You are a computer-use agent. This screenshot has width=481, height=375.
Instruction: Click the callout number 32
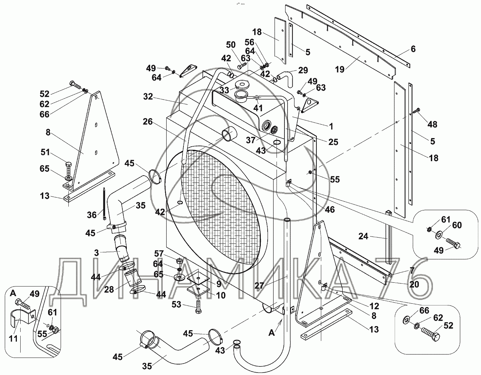[x=148, y=96]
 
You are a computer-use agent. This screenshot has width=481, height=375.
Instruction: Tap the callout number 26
[x=148, y=122]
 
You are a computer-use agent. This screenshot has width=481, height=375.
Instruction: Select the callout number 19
[x=340, y=70]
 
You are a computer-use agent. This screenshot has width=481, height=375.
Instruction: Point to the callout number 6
[x=413, y=49]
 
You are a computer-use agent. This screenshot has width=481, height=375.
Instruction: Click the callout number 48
[x=432, y=124]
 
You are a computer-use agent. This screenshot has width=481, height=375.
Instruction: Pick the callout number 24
[x=363, y=237]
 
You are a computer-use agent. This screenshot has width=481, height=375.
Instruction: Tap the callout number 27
[x=259, y=285]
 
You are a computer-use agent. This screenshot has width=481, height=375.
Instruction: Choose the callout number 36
[x=92, y=215]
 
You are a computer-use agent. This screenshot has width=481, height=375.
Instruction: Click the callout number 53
[x=176, y=304]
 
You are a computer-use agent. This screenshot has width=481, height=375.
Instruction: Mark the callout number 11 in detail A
[x=13, y=338]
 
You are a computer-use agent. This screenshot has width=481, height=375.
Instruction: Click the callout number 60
[x=457, y=225]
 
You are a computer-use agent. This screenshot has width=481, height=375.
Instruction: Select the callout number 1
[x=331, y=127]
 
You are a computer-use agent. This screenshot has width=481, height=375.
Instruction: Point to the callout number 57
[x=159, y=253]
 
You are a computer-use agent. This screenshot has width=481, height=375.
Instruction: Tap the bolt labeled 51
[x=68, y=170]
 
